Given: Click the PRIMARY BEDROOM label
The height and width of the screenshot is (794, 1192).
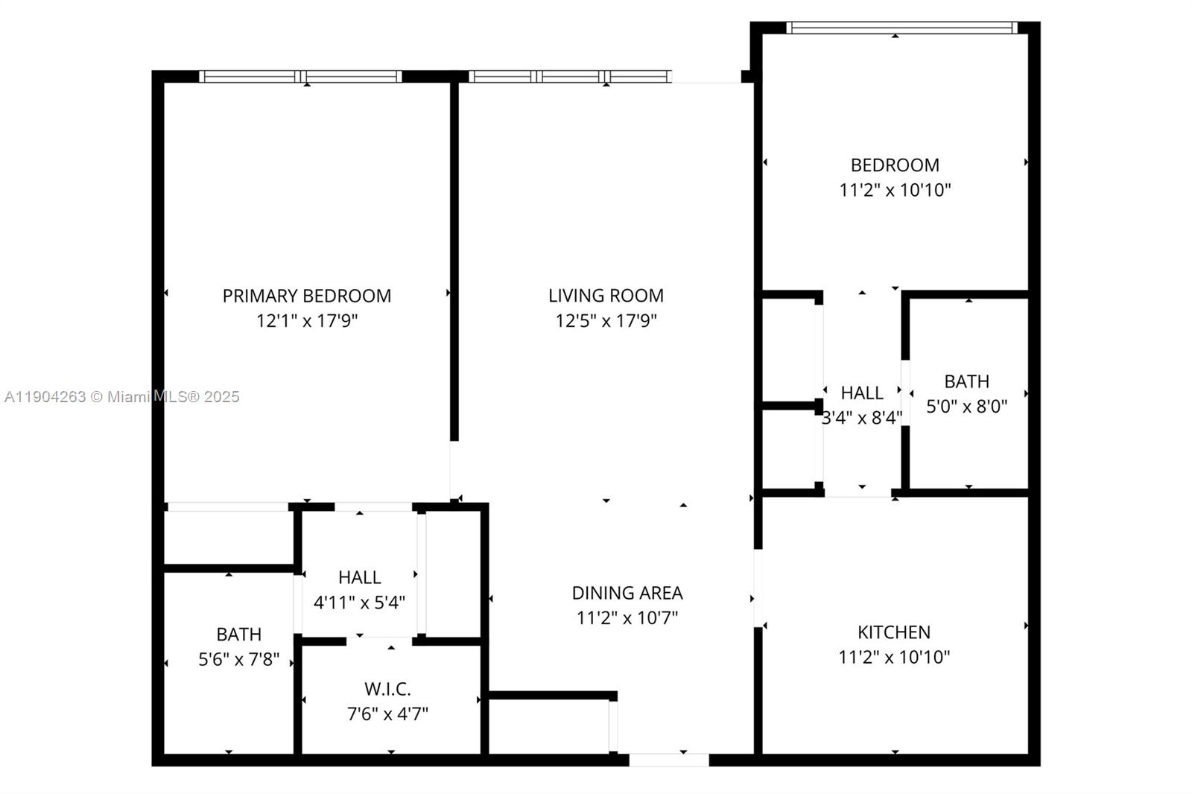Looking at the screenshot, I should (x=306, y=296).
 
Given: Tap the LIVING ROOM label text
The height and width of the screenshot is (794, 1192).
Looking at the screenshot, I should (x=606, y=296).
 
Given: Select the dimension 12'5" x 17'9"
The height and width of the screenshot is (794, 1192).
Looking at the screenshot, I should (x=606, y=321).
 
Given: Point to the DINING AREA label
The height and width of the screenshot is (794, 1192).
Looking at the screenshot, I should (x=627, y=593).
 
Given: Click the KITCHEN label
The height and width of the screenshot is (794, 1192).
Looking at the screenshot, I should (x=893, y=632).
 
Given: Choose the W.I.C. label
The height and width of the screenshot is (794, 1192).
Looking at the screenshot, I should (x=387, y=689).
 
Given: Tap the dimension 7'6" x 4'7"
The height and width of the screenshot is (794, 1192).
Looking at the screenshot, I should (x=387, y=714).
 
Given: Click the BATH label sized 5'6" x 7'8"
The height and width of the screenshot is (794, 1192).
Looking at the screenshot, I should (x=238, y=635).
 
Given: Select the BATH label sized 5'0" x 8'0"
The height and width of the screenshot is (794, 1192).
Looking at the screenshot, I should (x=966, y=381).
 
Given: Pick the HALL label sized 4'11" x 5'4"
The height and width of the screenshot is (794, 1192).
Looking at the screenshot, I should (x=359, y=577).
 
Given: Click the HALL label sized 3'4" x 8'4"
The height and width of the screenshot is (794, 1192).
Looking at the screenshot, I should (x=862, y=393).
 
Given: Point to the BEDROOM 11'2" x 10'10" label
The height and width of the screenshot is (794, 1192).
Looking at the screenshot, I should (x=895, y=165).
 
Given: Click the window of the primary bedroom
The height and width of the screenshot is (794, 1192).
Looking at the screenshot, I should (x=301, y=76).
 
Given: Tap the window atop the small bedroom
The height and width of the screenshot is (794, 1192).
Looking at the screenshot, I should (x=901, y=28).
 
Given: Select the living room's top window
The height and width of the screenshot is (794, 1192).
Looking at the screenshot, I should (x=570, y=76).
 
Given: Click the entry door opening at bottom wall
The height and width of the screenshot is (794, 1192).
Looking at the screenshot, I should (x=668, y=760).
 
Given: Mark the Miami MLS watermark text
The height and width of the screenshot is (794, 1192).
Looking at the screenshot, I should (x=122, y=397).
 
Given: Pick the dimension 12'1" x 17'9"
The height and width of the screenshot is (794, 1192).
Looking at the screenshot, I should (x=306, y=321).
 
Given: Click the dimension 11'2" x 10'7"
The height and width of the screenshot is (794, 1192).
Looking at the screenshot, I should (x=627, y=618).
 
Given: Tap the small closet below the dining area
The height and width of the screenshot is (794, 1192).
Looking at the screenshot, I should (x=548, y=727).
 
